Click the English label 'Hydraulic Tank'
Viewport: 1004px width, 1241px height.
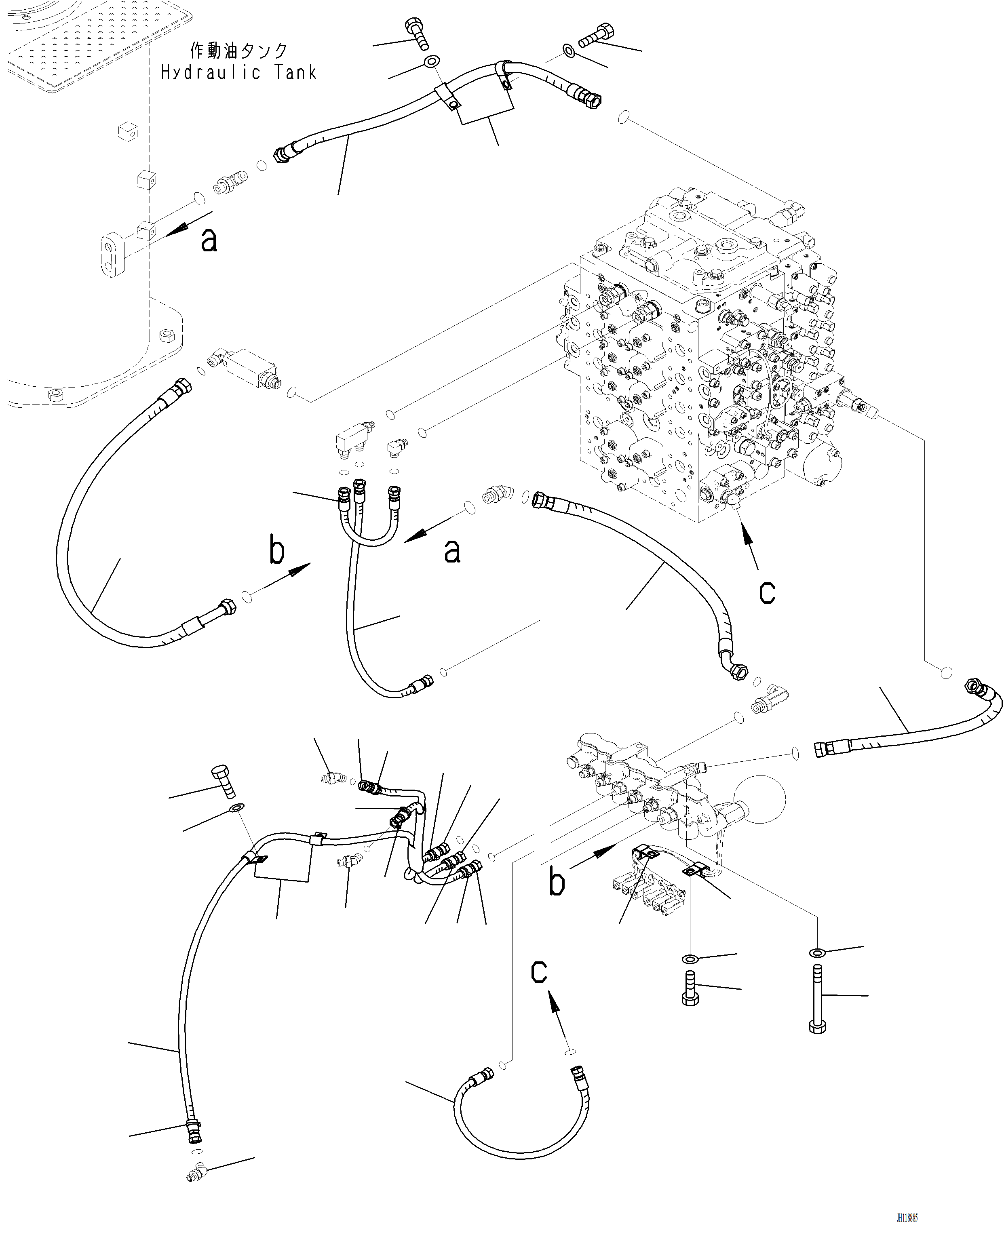point(239,73)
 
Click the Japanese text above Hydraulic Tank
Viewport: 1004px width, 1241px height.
point(239,51)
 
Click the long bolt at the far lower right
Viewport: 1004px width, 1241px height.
point(817,999)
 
